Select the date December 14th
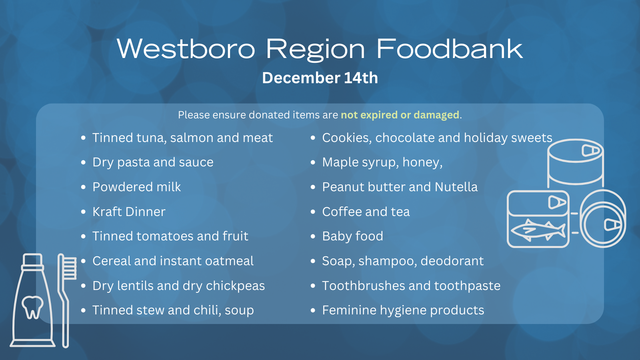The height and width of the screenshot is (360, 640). (320, 78)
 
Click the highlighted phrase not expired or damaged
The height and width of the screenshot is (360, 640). (400, 115)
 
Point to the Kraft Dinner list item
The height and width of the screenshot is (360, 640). (129, 212)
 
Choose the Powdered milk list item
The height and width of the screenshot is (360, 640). (136, 187)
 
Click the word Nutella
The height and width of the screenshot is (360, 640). (456, 187)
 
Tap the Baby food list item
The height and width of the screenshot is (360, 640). (352, 236)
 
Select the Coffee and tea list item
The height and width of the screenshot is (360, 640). (366, 212)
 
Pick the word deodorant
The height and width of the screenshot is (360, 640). (452, 261)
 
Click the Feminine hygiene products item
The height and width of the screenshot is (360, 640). (403, 310)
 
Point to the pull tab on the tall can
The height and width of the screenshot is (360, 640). (590, 150)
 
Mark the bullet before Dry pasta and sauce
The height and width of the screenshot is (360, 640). (84, 162)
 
